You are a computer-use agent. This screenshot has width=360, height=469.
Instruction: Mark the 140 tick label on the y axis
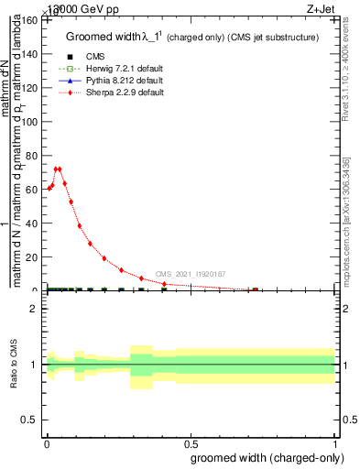[x=28, y=56]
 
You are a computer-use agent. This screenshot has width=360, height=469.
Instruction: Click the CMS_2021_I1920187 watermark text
[x=190, y=274]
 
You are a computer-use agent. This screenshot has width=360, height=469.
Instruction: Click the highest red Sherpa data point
[x=58, y=169]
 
